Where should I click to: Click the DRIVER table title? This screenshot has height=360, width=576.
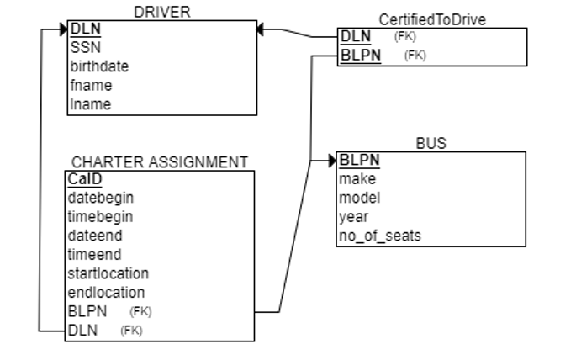pyautogui.click(x=162, y=11)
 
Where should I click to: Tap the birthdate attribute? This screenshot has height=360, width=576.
pyautogui.click(x=99, y=66)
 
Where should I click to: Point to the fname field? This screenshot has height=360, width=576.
pyautogui.click(x=90, y=85)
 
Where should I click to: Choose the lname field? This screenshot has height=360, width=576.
pyautogui.click(x=90, y=104)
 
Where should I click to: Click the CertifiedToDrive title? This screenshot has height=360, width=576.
pyautogui.click(x=432, y=19)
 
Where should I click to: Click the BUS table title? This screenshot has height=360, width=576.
pyautogui.click(x=431, y=144)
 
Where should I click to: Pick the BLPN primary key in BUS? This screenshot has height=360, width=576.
pyautogui.click(x=359, y=160)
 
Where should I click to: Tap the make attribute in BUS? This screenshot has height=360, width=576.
pyautogui.click(x=357, y=178)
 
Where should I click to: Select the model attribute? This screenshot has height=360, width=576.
pyautogui.click(x=359, y=198)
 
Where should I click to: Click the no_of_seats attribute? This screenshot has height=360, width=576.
pyautogui.click(x=379, y=236)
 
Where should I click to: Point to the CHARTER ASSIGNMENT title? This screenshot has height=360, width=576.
pyautogui.click(x=160, y=162)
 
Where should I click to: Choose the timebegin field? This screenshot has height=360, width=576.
pyautogui.click(x=100, y=216)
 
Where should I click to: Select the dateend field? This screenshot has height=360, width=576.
pyautogui.click(x=94, y=236)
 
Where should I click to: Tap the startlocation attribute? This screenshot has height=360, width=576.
pyautogui.click(x=108, y=273)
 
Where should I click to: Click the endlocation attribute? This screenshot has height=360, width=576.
pyautogui.click(x=106, y=293)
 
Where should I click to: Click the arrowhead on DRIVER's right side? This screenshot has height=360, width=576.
pyautogui.click(x=262, y=29)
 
